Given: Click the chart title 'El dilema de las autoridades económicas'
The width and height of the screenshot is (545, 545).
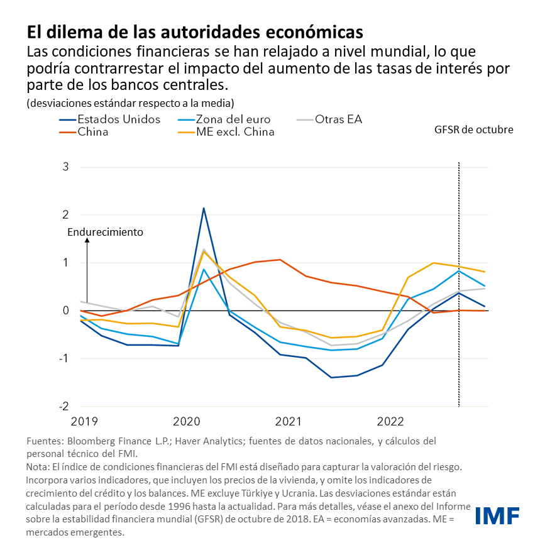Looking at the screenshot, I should pos(194,31).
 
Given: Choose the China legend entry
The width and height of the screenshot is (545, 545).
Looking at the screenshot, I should pos(93,132).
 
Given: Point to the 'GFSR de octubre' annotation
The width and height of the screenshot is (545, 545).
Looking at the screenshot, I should pos(474,130).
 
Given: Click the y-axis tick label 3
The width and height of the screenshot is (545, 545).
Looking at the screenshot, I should pos(83,167).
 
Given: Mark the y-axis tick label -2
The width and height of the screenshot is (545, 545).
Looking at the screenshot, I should pos(80,407).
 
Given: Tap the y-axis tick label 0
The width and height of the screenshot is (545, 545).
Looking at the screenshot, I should pos(83,311).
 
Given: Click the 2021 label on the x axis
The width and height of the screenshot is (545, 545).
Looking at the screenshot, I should pos(289,420).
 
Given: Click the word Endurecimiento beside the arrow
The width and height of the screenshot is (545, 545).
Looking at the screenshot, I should pos(105,232).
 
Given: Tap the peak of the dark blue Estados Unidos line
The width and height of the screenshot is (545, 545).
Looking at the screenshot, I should pos(204,208).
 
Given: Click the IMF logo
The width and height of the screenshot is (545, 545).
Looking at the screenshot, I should pos(497,515).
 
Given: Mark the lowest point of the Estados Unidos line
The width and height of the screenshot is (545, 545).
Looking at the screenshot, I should pos(331,378).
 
